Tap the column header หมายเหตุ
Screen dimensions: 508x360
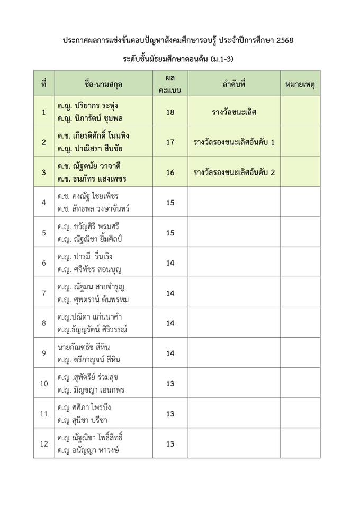tap(301, 83)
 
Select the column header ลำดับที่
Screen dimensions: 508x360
tap(233, 83)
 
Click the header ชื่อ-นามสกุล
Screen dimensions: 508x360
tap(103, 83)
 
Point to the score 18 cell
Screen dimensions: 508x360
tap(170, 112)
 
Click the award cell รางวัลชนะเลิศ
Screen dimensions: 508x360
tap(233, 112)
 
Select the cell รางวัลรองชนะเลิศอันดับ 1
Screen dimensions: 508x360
tap(233, 142)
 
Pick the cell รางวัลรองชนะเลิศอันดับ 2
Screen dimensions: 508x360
tap(233, 172)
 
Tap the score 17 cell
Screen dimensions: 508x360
tap(170, 142)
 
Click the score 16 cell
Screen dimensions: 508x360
tap(170, 172)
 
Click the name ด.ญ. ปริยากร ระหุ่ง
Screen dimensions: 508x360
tap(88, 105)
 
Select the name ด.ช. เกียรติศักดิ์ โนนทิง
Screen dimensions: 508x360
tap(94, 135)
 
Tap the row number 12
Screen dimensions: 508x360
tap(44, 444)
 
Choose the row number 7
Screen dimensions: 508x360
tap(44, 293)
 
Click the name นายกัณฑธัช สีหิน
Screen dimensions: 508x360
tap(84, 347)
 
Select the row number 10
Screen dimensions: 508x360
tap(44, 384)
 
